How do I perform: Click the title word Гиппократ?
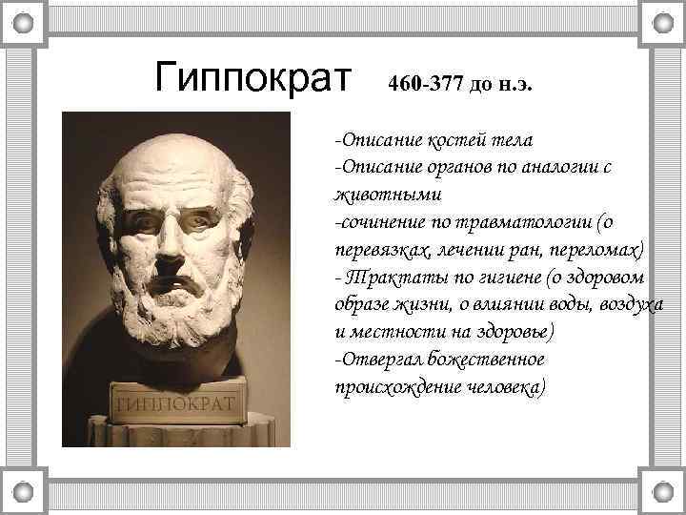pyautogui.click(x=252, y=75)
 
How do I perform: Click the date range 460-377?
pyautogui.click(x=426, y=84)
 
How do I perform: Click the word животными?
pyautogui.click(x=374, y=195)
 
